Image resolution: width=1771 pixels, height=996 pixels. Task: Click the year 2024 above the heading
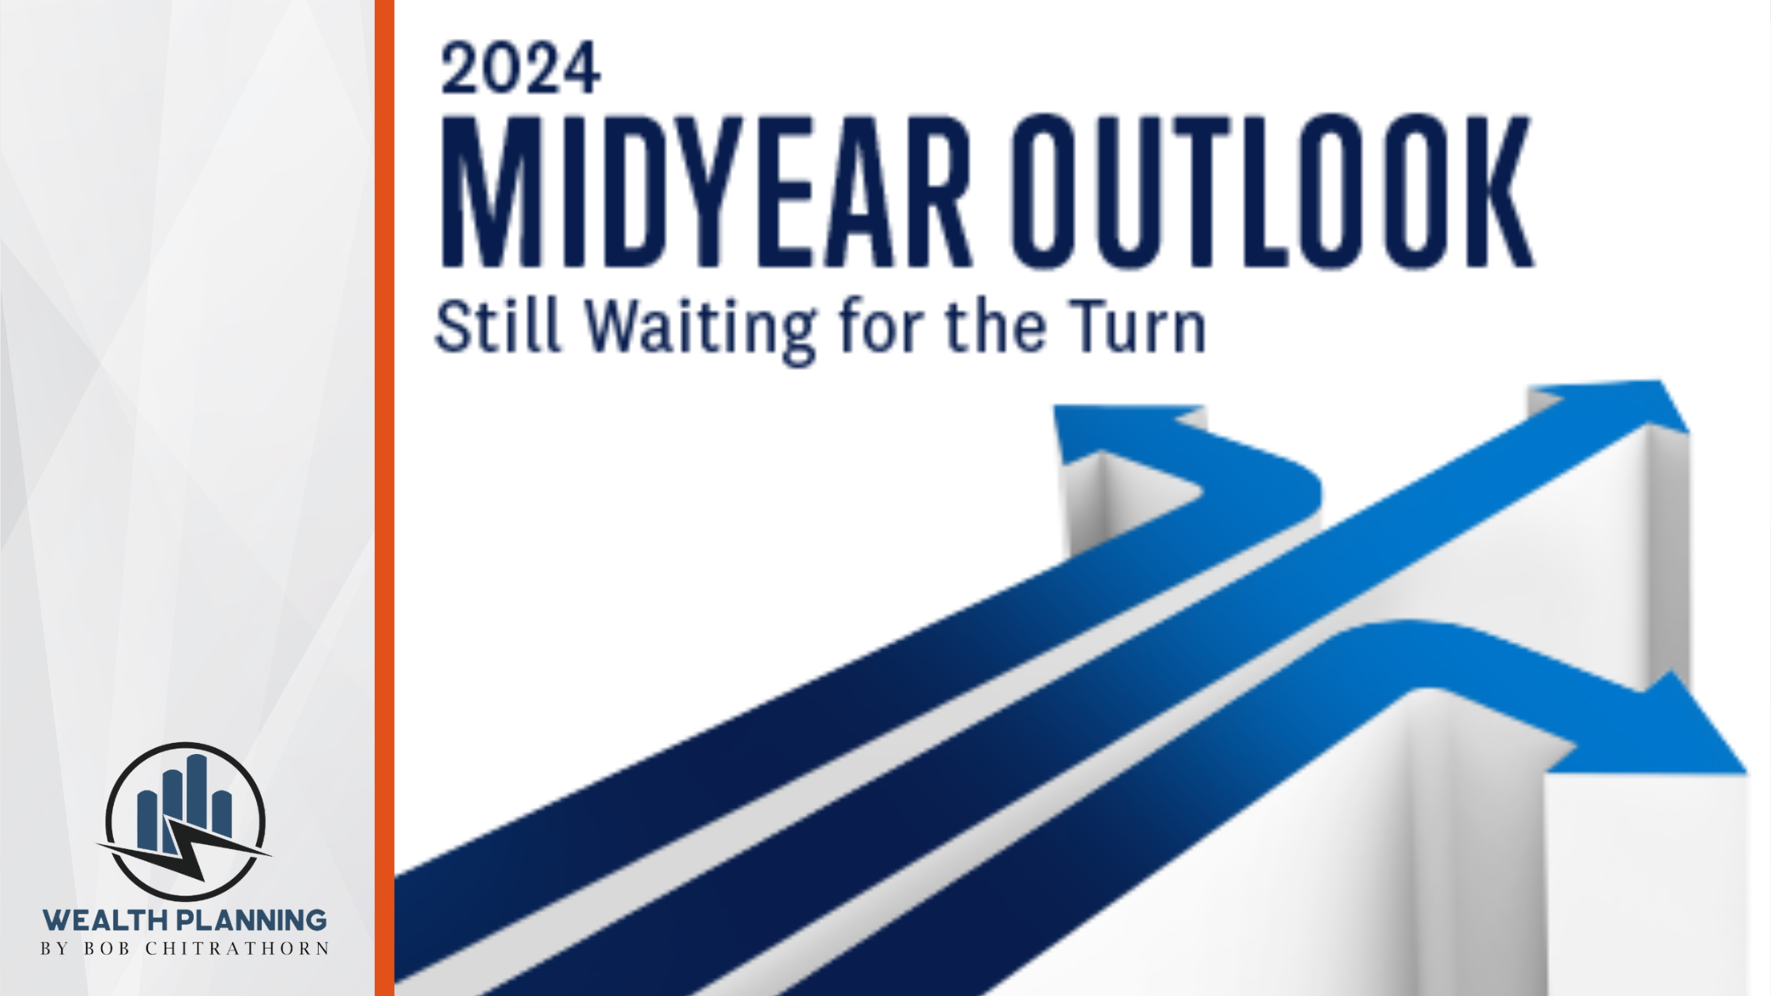(x=520, y=69)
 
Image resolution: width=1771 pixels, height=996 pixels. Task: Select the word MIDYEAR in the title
(x=706, y=192)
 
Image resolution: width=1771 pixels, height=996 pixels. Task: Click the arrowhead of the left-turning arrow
(x=1123, y=431)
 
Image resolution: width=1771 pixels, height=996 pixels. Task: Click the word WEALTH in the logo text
(x=105, y=921)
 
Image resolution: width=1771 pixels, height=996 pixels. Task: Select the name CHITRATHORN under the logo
(x=237, y=949)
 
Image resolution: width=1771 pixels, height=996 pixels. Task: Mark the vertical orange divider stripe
(x=384, y=498)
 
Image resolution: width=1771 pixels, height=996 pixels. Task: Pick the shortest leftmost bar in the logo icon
(x=147, y=819)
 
